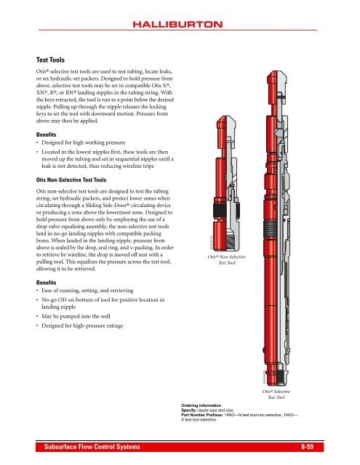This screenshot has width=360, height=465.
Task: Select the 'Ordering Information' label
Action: point(204,405)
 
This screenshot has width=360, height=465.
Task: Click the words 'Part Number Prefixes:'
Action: point(205,415)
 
